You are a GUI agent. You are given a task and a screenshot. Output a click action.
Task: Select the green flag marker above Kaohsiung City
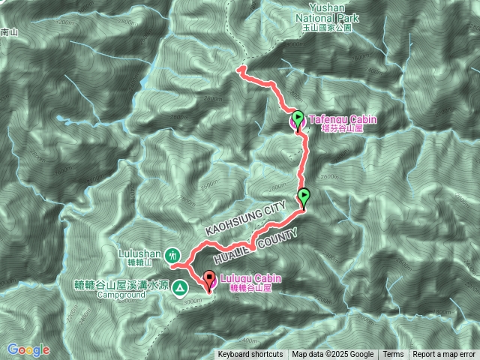[x=304, y=197]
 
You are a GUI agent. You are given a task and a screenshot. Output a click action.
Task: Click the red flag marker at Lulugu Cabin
[x=208, y=278]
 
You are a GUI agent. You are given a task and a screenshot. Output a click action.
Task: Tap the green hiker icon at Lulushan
[x=172, y=255]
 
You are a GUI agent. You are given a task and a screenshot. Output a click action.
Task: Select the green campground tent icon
[x=180, y=287]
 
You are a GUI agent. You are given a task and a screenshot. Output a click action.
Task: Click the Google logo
[x=28, y=349]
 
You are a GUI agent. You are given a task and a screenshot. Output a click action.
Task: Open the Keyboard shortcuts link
[x=250, y=355]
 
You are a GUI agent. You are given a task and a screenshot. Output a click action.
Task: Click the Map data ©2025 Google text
[x=332, y=355]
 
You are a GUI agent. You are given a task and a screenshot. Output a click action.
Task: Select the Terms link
[x=393, y=355]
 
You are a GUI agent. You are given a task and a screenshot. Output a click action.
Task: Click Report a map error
[x=445, y=355]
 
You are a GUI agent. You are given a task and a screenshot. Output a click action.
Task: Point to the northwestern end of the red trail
[x=241, y=69]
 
